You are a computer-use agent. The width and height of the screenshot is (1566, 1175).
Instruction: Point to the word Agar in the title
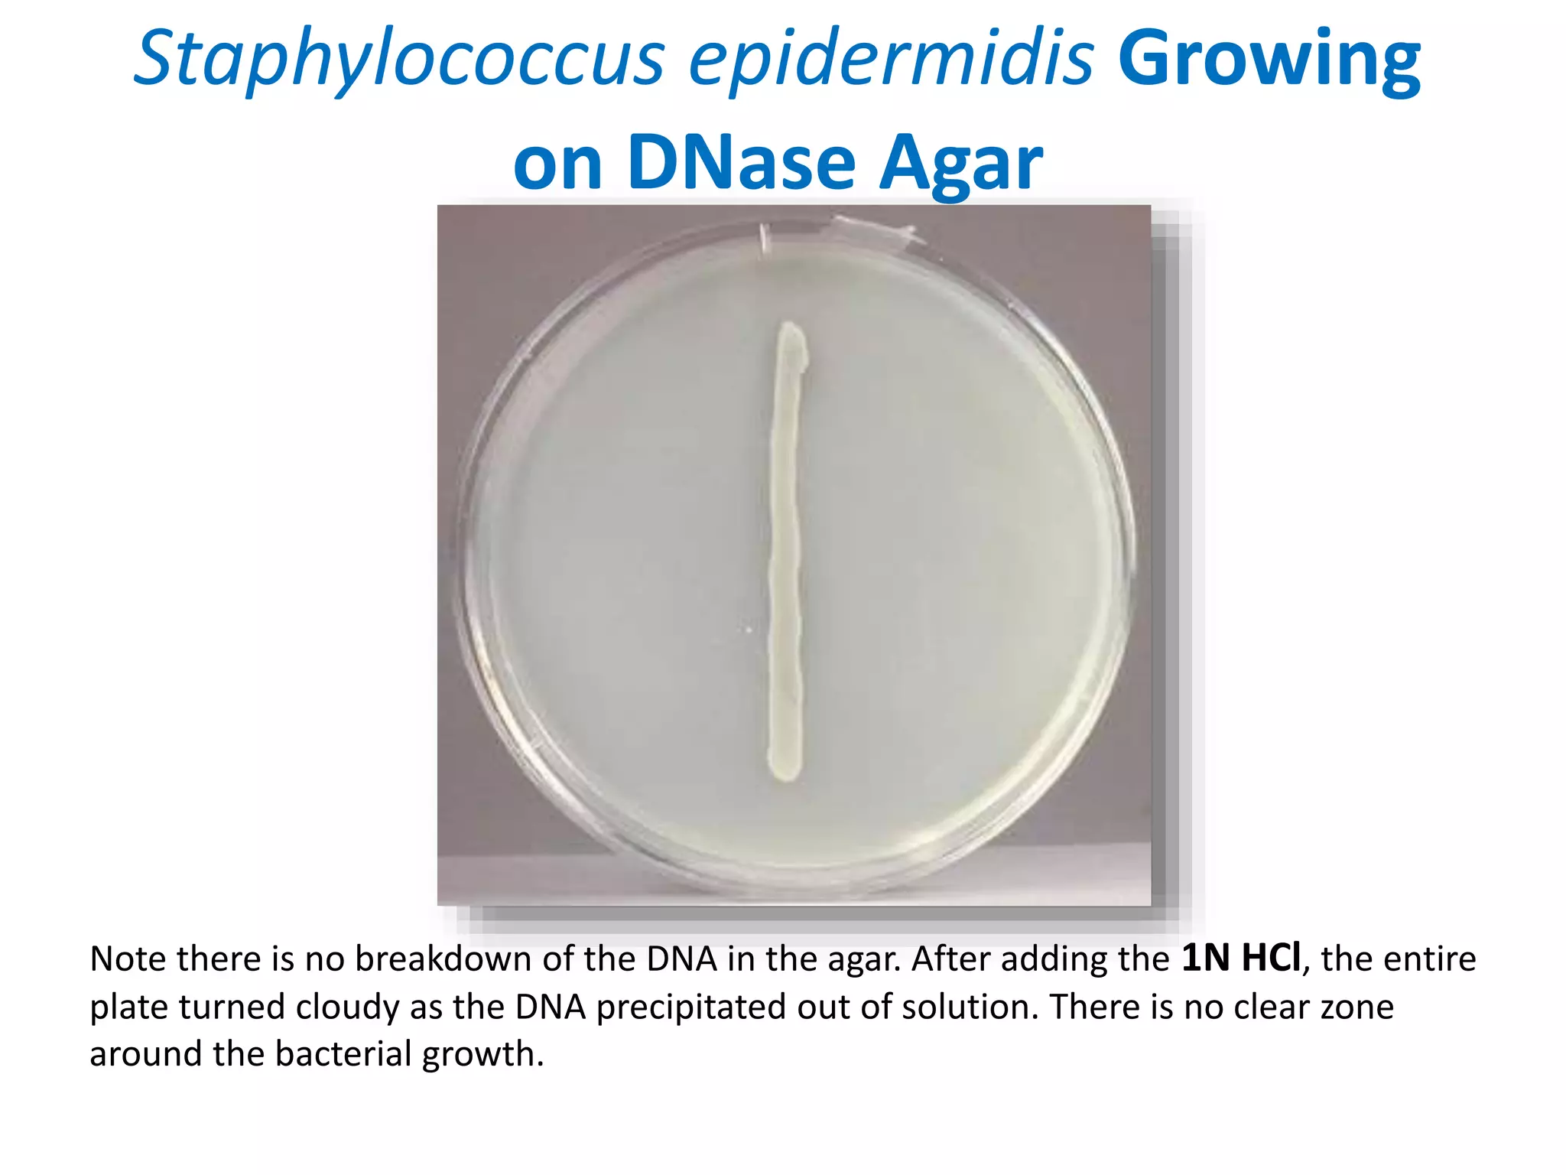[960, 163]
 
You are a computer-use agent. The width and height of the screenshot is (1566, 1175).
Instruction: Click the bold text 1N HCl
[1240, 959]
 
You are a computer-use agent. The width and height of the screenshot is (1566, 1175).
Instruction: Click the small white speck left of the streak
[749, 630]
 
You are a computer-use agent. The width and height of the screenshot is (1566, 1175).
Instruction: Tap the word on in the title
[557, 163]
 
